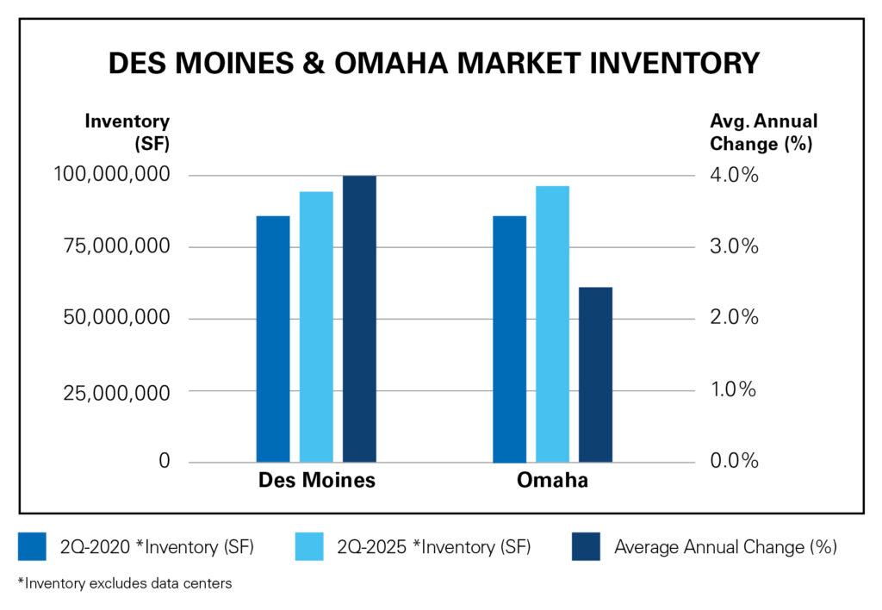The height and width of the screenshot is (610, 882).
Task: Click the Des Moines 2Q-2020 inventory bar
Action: [273, 339]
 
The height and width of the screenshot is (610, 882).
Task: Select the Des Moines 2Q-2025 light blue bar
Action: [316, 327]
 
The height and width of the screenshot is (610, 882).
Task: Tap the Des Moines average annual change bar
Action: [359, 319]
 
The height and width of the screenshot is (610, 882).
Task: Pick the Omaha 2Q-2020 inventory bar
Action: [509, 339]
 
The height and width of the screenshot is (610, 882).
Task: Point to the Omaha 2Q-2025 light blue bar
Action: [552, 324]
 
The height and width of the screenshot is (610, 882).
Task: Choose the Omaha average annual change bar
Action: [595, 375]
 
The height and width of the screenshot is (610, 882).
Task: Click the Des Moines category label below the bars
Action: [317, 481]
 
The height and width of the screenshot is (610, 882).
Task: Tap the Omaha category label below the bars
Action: [552, 481]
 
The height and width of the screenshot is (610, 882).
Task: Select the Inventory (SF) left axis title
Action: [127, 132]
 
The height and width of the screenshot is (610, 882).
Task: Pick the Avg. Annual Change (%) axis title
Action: [761, 132]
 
